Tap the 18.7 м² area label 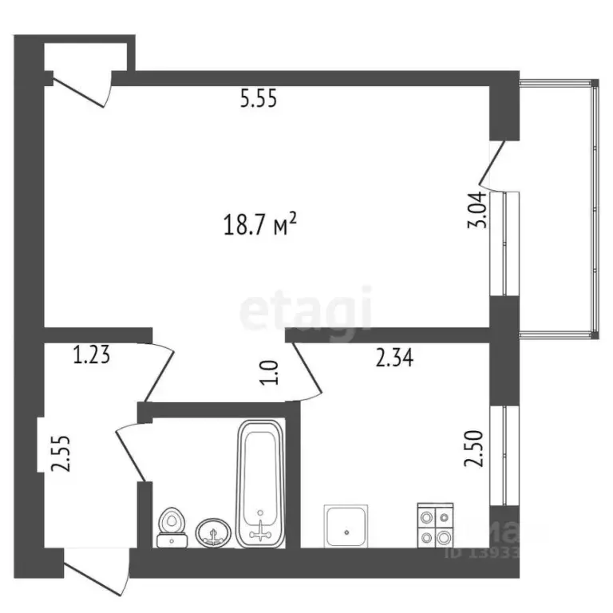click(260, 225)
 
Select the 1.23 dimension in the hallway click(91, 354)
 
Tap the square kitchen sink click(346, 526)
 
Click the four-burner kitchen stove click(435, 526)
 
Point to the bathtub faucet click(260, 527)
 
